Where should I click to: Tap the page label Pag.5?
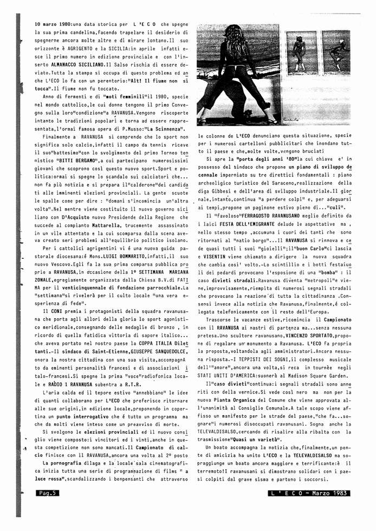pyautogui.click(x=47, y=493)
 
